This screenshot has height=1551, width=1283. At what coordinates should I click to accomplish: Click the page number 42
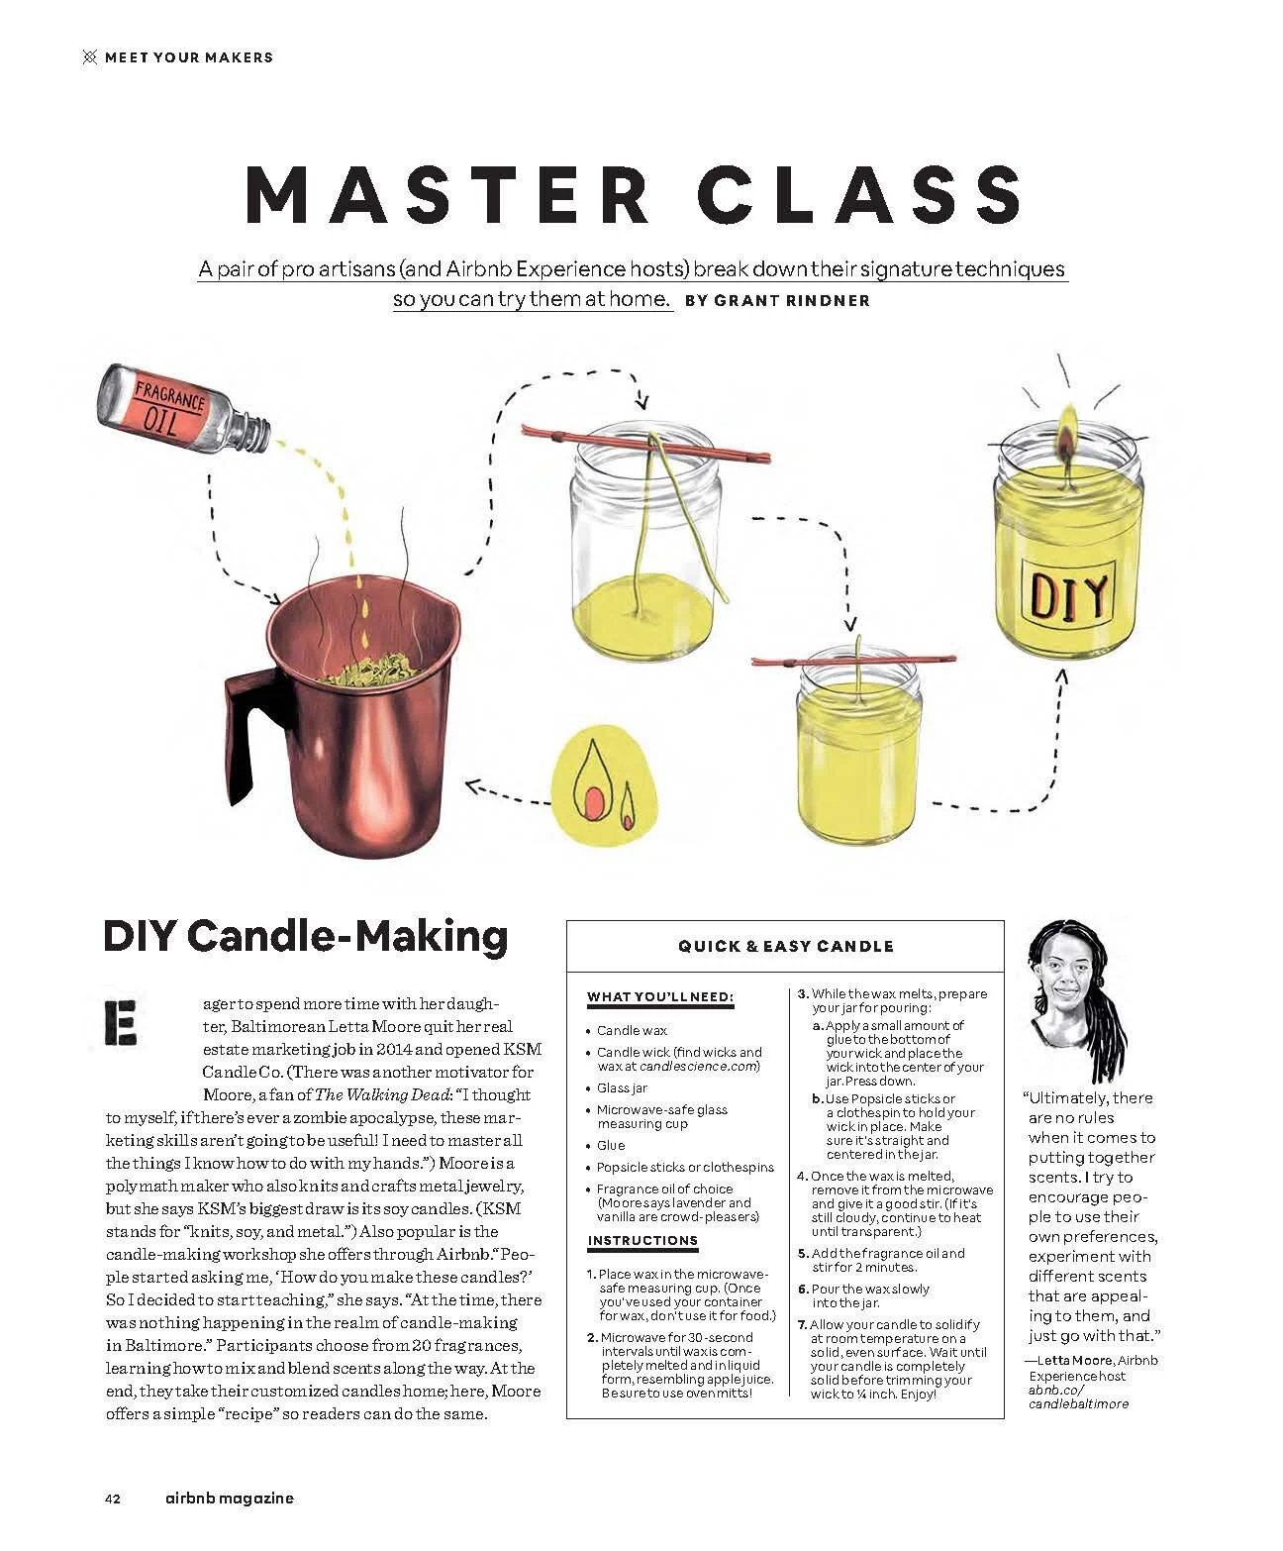112,1499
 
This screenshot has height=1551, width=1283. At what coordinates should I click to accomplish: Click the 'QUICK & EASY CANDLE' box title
785,946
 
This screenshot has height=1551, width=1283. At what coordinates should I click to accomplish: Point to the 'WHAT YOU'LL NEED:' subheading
659,996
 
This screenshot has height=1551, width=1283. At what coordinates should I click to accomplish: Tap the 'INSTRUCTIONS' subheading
642,1240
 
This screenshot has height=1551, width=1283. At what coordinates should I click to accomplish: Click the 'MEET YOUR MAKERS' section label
188,57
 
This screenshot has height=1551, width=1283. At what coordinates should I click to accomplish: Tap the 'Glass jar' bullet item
623,1088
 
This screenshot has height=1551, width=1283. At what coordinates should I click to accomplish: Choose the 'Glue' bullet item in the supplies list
611,1145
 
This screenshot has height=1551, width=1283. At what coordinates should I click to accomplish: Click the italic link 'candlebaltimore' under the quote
1078,1403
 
